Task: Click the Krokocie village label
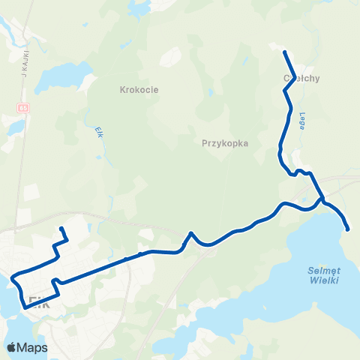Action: coord(135,89)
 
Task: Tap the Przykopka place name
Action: coord(225,142)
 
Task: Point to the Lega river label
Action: coord(302,121)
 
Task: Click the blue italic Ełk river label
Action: coord(98,131)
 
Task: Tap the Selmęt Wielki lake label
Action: coord(324,276)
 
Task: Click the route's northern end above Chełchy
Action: coord(285,52)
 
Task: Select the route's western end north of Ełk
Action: coord(61,228)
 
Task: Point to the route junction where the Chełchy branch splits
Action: coord(322,199)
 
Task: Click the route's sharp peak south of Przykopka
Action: coord(192,233)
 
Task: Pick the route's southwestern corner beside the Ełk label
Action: coord(25,307)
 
